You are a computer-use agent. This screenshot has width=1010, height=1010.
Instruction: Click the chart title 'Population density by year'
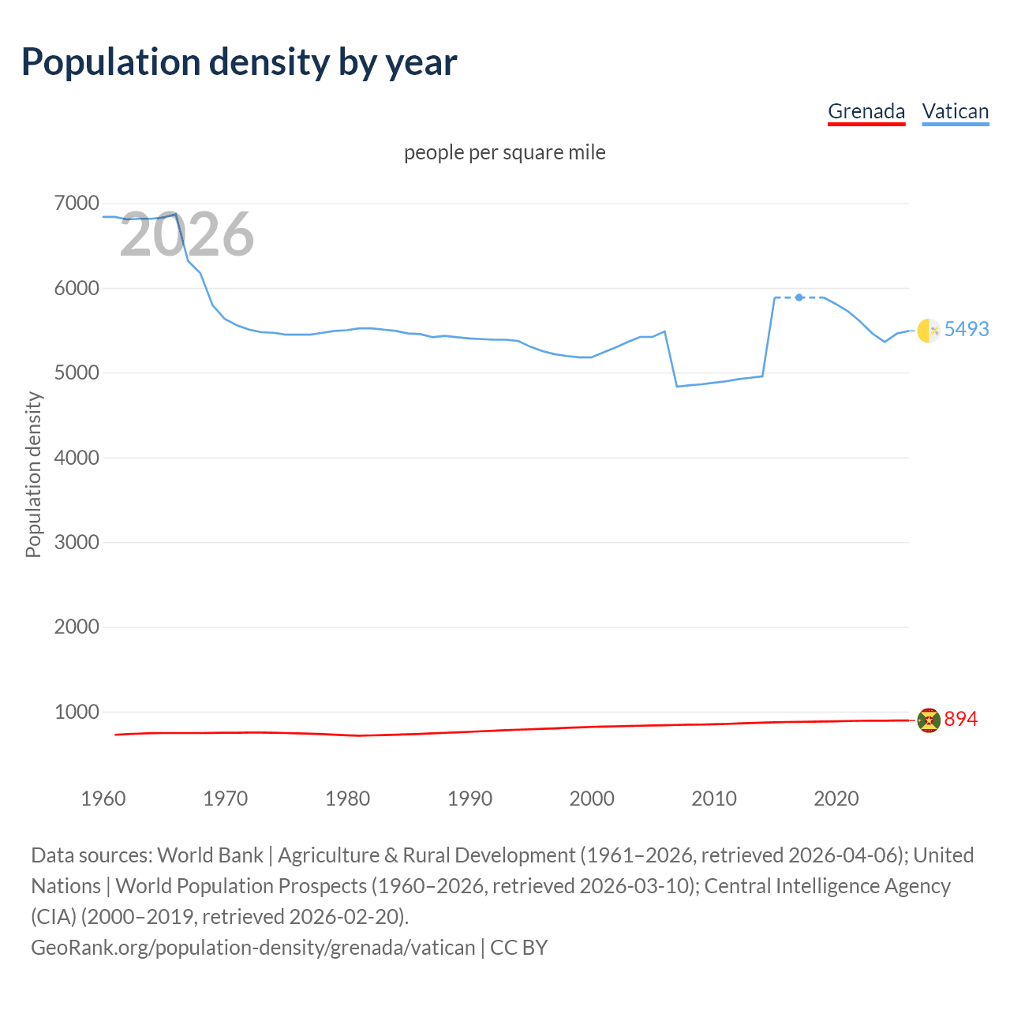tap(239, 62)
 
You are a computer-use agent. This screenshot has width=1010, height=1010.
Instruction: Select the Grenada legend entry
tap(866, 111)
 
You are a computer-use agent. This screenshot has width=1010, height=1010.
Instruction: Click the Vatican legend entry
tap(955, 111)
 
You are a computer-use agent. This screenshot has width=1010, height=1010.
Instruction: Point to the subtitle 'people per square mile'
tap(504, 152)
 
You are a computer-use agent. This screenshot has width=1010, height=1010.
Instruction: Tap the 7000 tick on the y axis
tap(77, 204)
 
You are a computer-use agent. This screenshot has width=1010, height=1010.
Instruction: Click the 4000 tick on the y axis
tap(77, 458)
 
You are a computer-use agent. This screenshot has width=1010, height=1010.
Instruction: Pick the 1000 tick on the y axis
tap(77, 712)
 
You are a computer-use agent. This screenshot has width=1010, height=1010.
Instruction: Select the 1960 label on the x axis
tap(103, 799)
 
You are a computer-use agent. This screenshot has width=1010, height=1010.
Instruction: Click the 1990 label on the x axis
tap(469, 799)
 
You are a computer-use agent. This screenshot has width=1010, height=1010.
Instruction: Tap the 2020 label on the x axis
tap(836, 799)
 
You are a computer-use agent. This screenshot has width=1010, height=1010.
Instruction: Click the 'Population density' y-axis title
tap(33, 475)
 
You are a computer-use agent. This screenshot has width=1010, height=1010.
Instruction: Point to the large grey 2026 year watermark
tap(186, 234)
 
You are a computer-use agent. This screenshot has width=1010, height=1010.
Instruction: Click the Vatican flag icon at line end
tap(928, 331)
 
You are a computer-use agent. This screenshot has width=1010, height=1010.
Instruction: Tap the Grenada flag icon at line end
tap(928, 720)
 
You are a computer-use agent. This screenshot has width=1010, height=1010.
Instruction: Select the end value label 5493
tap(966, 329)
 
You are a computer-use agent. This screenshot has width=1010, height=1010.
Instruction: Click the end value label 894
tap(960, 719)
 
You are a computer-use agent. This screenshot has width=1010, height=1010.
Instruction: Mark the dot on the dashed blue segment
tap(799, 297)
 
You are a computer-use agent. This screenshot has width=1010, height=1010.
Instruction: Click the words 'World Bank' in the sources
tap(210, 855)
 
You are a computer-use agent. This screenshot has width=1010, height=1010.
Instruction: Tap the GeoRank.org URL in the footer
tap(252, 947)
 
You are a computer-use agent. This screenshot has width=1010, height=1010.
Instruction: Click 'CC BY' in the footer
tap(518, 947)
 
